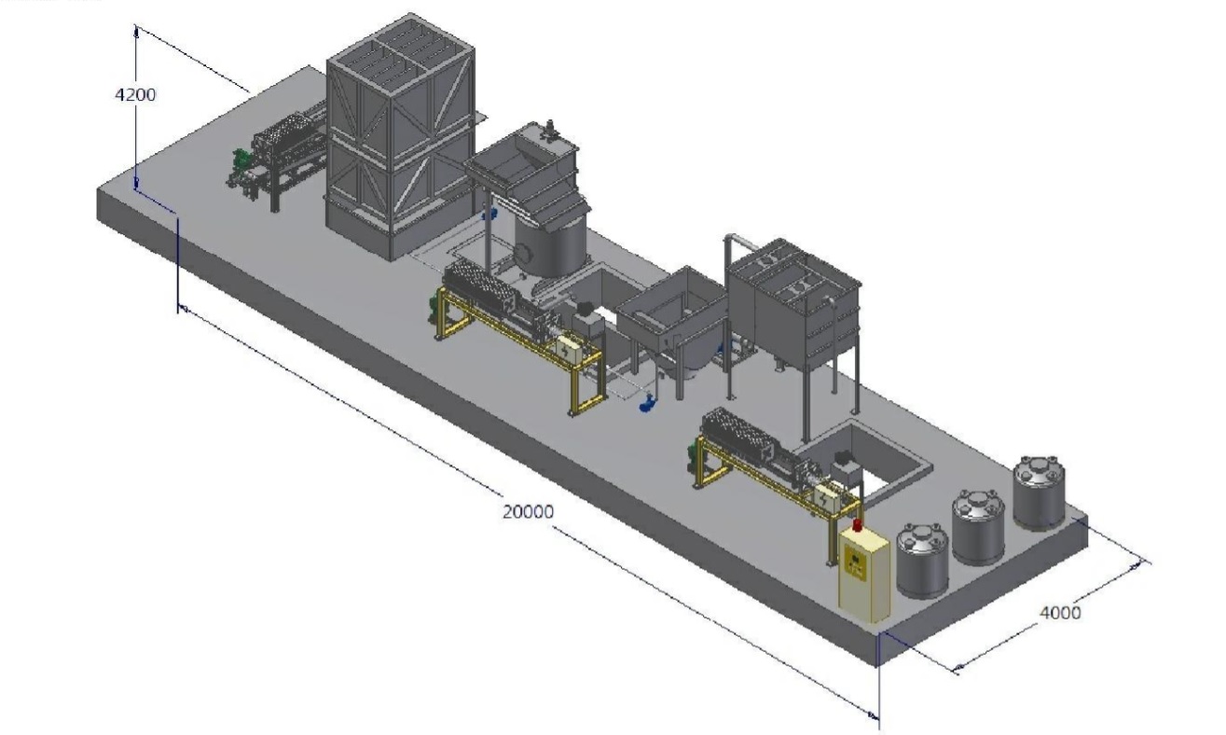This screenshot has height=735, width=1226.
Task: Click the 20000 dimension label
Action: click(529, 511)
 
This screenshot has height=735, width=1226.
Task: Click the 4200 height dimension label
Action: click(136, 95)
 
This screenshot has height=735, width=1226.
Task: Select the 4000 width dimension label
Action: click(1060, 613)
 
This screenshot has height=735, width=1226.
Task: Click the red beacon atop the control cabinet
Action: click(858, 524)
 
